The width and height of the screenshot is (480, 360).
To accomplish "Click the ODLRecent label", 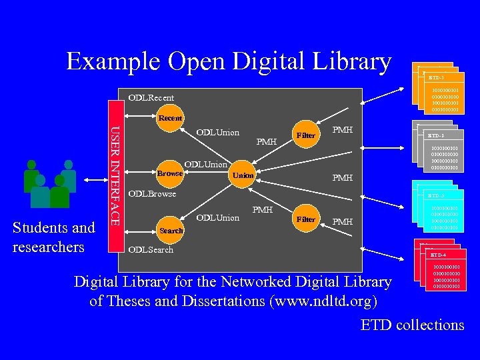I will point(151,98).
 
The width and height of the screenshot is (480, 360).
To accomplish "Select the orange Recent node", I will point(170,118).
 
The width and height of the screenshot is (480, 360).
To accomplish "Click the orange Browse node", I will point(170,173).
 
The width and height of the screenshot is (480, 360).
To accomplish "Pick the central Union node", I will point(243,175).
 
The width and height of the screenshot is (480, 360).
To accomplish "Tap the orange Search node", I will point(171,230).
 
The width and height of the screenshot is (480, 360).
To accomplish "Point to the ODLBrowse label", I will point(152,194).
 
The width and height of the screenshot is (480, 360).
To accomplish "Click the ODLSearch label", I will point(151,250).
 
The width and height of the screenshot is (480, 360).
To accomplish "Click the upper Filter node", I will point(306,135).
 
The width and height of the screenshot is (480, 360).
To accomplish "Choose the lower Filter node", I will point(306,219).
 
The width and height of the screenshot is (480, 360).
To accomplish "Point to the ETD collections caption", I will point(412,325).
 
